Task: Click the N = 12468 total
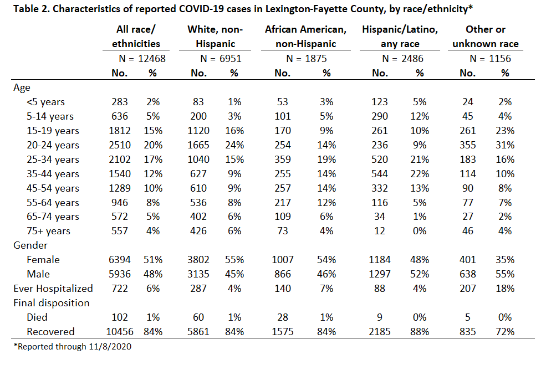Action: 142,59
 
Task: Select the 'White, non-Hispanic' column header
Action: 215,37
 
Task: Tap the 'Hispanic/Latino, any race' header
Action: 400,37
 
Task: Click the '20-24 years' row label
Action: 53,145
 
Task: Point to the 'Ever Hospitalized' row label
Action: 53,289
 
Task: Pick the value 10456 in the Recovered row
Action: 119,332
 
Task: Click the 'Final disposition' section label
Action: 51,303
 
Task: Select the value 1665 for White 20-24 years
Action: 198,145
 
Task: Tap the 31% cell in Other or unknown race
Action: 505,145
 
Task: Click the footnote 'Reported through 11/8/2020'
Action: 73,347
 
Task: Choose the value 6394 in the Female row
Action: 119,260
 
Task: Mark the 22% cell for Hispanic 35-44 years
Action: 420,173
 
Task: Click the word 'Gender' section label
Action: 30,245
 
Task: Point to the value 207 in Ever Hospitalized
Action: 468,289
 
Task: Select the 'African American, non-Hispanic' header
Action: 306,37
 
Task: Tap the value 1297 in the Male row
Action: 380,274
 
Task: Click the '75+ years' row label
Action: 48,231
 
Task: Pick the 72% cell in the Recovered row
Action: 505,332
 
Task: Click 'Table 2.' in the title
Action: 32,9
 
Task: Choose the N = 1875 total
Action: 307,59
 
